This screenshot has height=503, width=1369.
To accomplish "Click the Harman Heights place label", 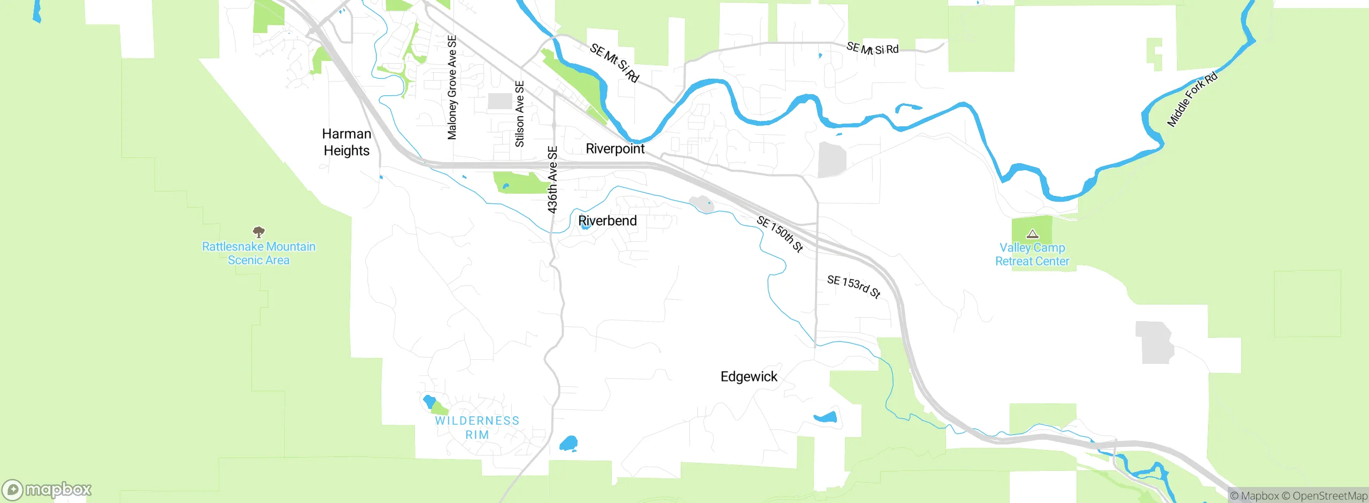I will point(347,142).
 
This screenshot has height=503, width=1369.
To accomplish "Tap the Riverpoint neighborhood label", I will point(615,148).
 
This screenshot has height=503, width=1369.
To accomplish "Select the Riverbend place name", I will point(607,220).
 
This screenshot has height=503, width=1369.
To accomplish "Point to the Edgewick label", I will point(749,377).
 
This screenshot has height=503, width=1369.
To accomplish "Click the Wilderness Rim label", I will point(477,428).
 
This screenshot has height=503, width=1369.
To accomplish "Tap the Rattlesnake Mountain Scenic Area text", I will point(259,253).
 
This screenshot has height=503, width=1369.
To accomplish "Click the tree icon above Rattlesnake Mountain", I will point(259,232).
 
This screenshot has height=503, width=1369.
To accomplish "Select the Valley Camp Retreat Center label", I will point(1032,254).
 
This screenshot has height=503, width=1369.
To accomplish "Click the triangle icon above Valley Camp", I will point(1033,234).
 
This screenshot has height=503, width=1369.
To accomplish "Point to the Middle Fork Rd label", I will point(1192,100).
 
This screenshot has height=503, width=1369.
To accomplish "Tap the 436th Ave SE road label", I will point(552,180).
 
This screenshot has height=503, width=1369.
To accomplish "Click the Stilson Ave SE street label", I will point(519,114).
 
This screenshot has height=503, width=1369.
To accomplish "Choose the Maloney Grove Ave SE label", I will point(452,87).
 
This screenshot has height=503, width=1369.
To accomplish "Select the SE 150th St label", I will point(780,234).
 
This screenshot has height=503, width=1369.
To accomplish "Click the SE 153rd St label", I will point(853,286).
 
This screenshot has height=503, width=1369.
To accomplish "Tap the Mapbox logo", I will point(47,490).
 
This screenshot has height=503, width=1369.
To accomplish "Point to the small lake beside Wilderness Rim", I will point(429,401).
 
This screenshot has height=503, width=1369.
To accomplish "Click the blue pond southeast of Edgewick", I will point(825,417).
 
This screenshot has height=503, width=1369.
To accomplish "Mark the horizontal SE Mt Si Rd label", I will point(872,49).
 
